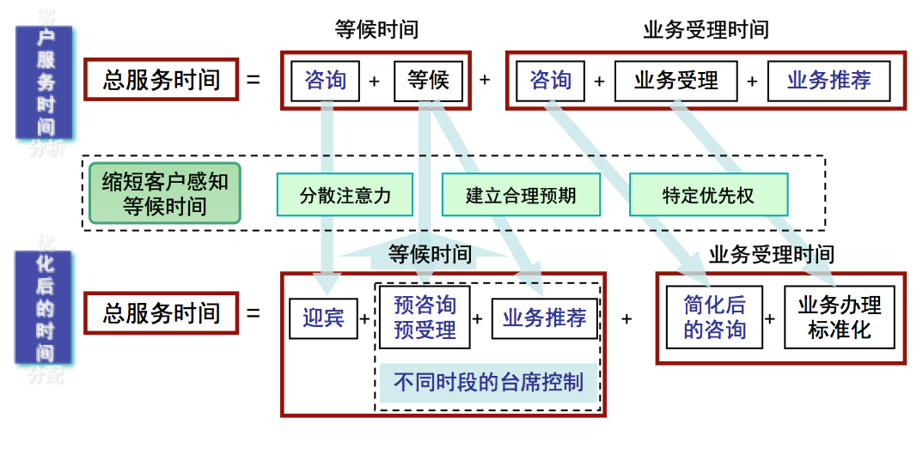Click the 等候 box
pyautogui.click(x=428, y=81)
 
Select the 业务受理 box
pyautogui.click(x=676, y=82)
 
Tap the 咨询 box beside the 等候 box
pyautogui.click(x=325, y=81)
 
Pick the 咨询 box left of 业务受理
pyautogui.click(x=550, y=81)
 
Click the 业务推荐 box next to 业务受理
pyautogui.click(x=828, y=82)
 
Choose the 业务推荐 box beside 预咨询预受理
pyautogui.click(x=545, y=318)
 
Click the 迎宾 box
pyautogui.click(x=323, y=318)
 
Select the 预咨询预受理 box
pyautogui.click(x=425, y=318)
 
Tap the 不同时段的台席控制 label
pyautogui.click(x=488, y=382)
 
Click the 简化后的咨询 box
pyautogui.click(x=714, y=318)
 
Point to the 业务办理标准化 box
pyautogui.click(x=840, y=318)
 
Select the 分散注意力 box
pyautogui.click(x=345, y=195)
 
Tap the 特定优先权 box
pyautogui.click(x=708, y=195)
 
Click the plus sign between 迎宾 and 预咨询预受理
pyautogui.click(x=364, y=319)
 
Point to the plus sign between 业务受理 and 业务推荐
pyautogui.click(x=752, y=82)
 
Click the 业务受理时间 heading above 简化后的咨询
pyautogui.click(x=771, y=254)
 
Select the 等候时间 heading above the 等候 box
pyautogui.click(x=376, y=30)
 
